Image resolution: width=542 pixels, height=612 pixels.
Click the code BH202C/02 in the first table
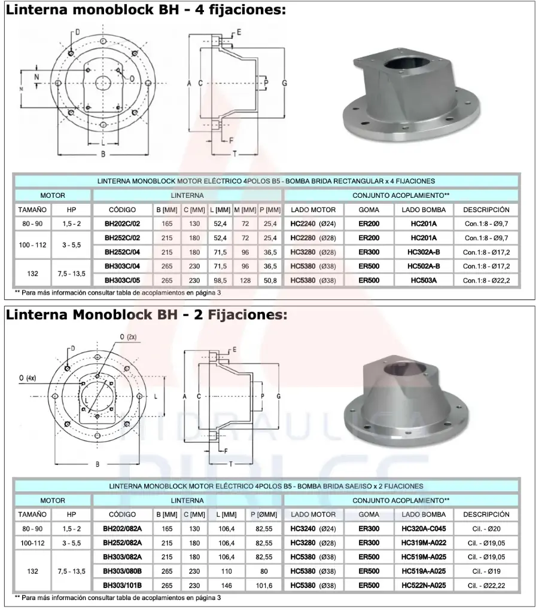pos(123,224)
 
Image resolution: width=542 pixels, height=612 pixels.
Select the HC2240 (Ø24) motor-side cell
pos(312,224)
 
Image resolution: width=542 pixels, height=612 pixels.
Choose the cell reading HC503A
pos(424,280)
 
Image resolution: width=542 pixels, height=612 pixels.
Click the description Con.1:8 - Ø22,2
pos(486,280)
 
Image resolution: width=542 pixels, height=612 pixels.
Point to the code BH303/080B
pos(122,571)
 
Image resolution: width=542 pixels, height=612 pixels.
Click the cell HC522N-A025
pos(424,585)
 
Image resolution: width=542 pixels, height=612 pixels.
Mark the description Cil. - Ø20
pos(486,528)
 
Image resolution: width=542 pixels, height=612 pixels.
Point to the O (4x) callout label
pos(28,377)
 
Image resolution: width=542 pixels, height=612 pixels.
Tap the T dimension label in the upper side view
pos(235,154)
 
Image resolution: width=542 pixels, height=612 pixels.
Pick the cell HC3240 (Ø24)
pos(312,528)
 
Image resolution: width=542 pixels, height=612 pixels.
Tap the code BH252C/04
pos(123,252)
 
